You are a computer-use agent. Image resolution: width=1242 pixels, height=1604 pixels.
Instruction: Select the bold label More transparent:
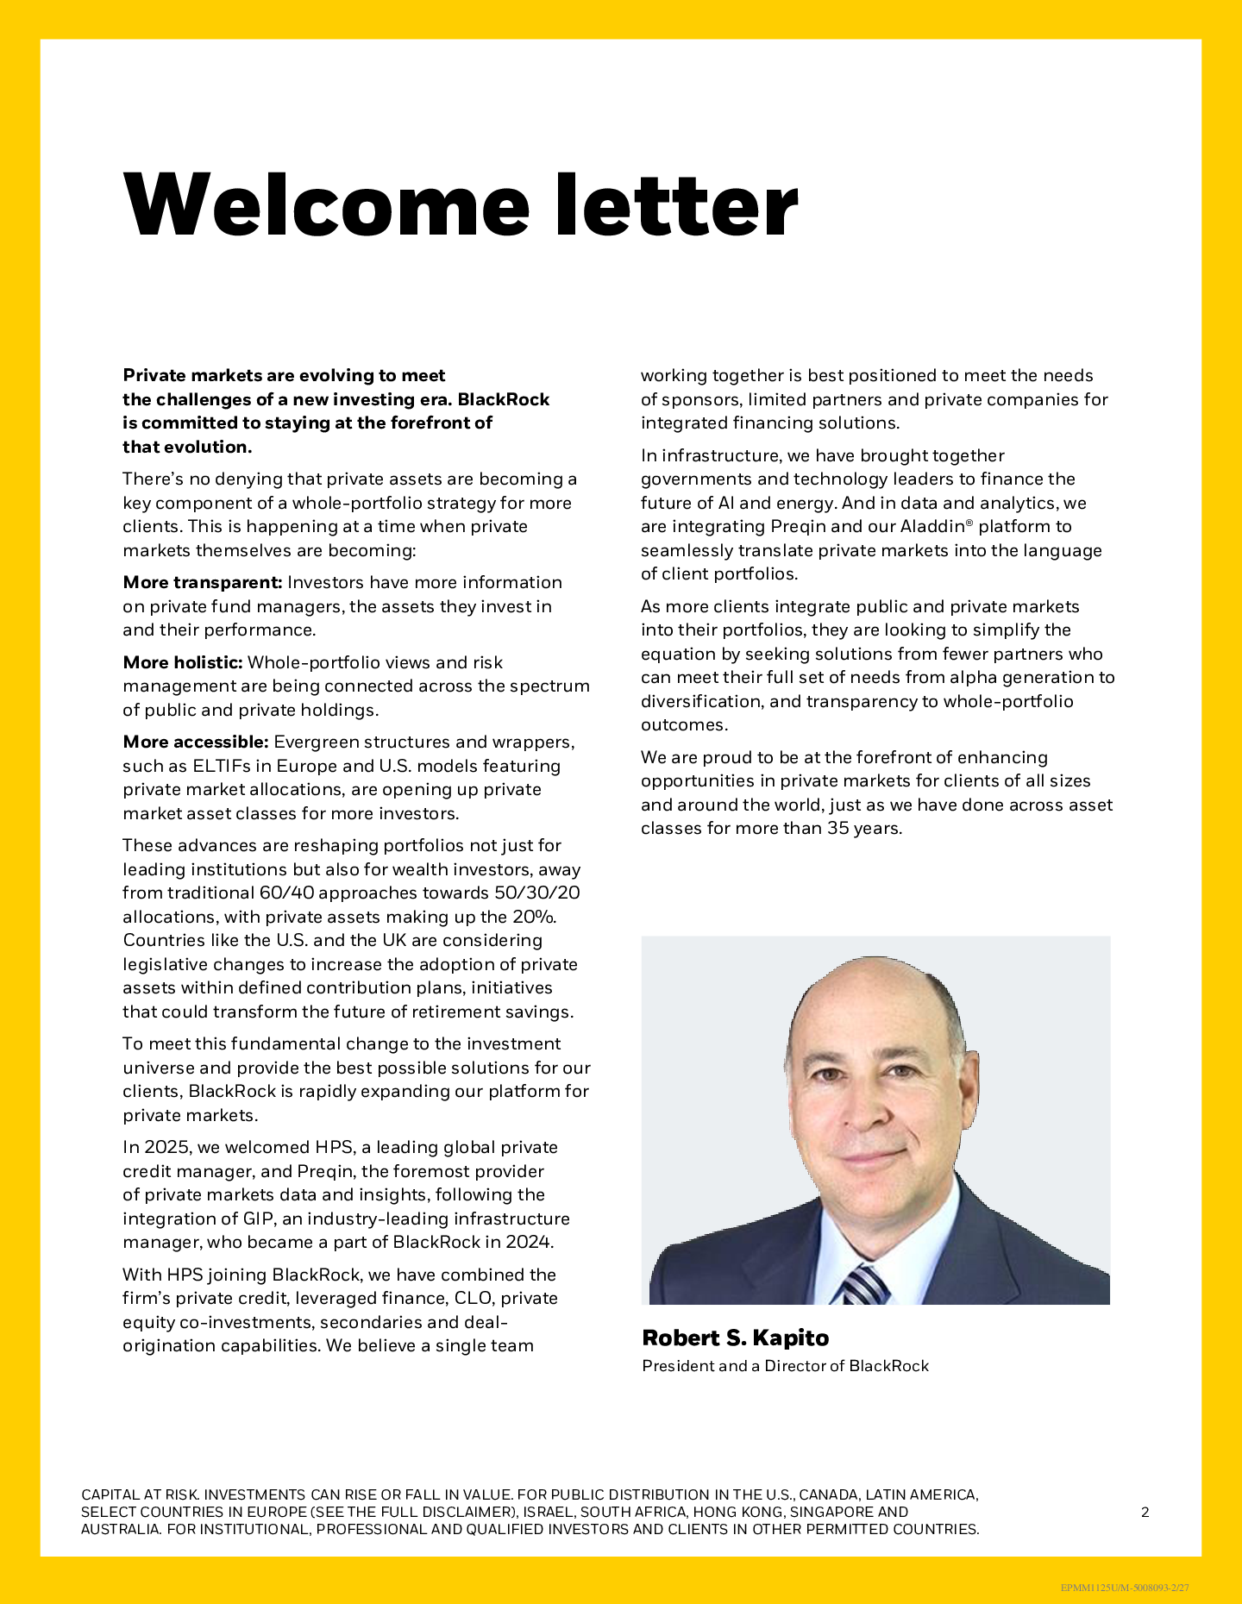coord(203,583)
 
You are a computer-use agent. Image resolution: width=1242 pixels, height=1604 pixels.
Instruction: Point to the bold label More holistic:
coord(183,663)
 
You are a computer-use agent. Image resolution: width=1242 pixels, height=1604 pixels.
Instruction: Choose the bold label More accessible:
coord(196,742)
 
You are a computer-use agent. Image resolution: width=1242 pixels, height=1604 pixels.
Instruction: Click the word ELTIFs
coord(221,767)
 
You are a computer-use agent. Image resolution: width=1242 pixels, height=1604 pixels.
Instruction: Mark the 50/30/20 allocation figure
coord(536,893)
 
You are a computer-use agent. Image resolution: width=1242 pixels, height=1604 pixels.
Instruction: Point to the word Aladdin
coord(931,527)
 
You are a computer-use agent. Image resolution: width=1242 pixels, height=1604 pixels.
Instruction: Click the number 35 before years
coord(838,829)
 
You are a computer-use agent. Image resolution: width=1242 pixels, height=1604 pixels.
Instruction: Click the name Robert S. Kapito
coord(735,1338)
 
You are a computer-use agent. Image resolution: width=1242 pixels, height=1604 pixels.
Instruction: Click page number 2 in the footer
coord(1145,1512)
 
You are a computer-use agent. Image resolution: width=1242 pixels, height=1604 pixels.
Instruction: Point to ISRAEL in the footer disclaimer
coord(547,1512)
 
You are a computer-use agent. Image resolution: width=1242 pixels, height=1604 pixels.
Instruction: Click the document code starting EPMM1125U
coord(1124,1588)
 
